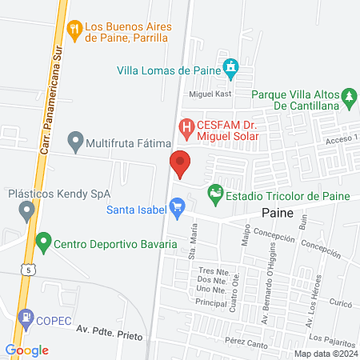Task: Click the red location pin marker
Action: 180,164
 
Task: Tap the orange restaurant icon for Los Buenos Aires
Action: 75,29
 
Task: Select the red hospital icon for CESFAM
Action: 186,126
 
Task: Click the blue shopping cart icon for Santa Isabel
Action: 178,210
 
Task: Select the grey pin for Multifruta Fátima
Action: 75,143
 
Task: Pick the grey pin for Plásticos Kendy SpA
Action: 26,212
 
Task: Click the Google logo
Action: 27,350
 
